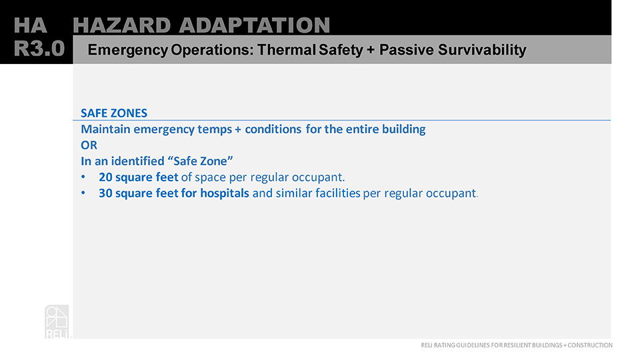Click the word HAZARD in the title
121,25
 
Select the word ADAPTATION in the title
254,25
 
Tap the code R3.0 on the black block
39,49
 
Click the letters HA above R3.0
30,25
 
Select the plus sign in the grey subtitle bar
370,50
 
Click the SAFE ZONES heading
114,113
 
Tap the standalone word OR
89,145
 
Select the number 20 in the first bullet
105,177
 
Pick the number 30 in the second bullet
105,193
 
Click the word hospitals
225,193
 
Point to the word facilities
339,193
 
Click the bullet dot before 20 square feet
83,177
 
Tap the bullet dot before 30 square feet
83,193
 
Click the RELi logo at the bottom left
57,321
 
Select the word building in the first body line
404,129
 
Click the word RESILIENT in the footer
517,345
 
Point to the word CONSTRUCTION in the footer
590,345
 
